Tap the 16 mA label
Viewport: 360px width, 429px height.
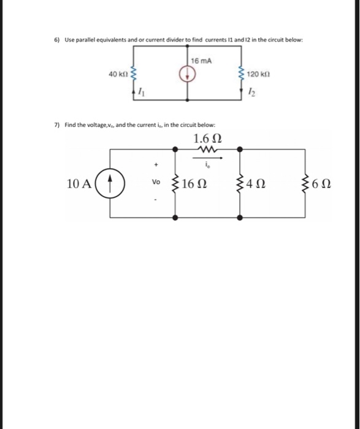point(200,61)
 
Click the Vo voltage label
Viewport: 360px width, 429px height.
point(156,183)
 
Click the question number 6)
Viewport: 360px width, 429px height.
point(56,40)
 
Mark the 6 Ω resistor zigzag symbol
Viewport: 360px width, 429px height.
point(305,183)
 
